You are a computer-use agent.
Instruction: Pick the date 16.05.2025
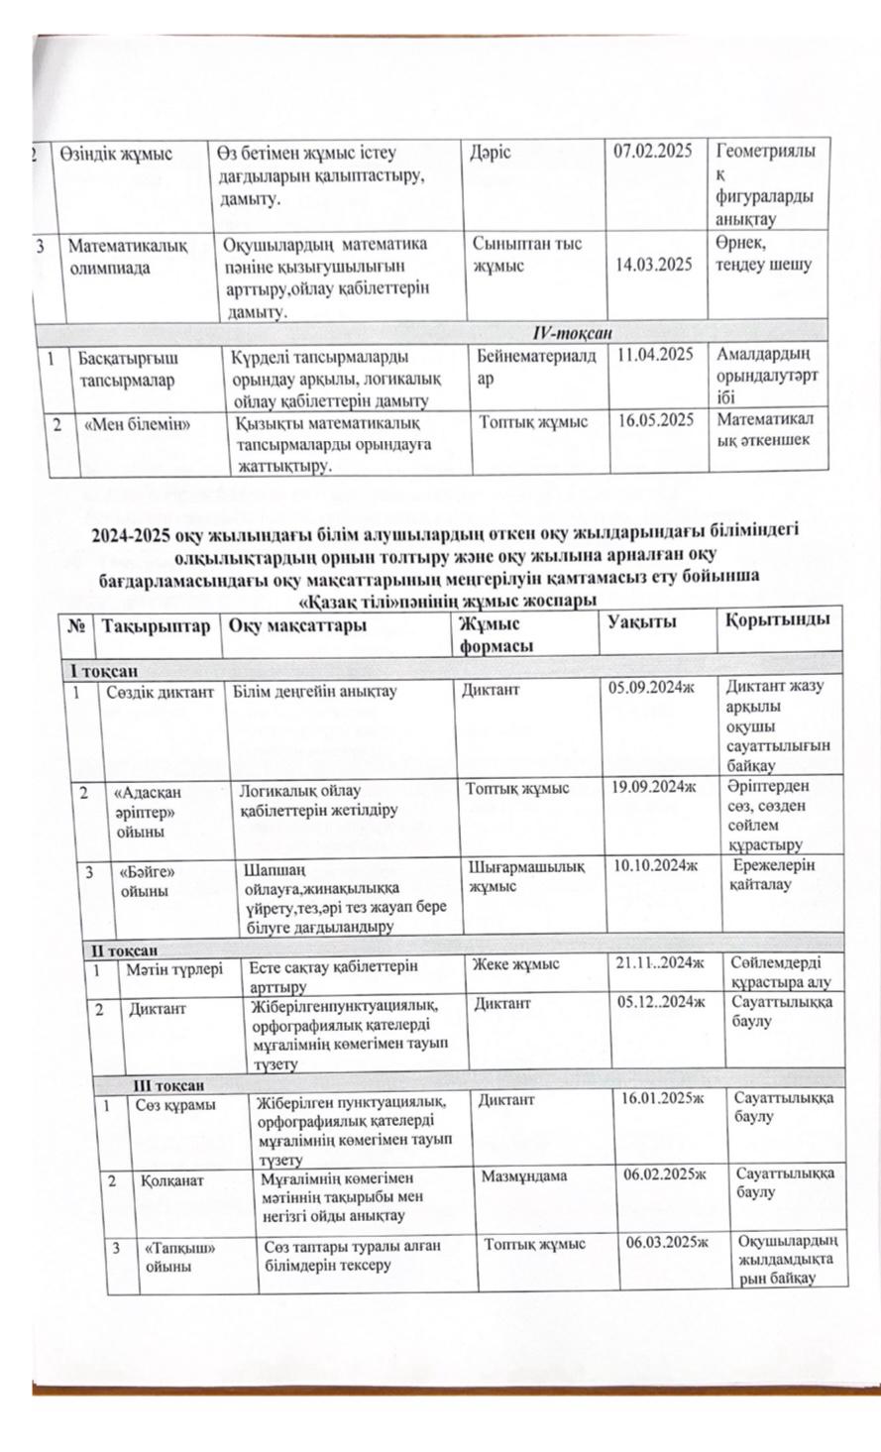coord(655,420)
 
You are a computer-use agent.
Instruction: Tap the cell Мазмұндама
coord(523,1177)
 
